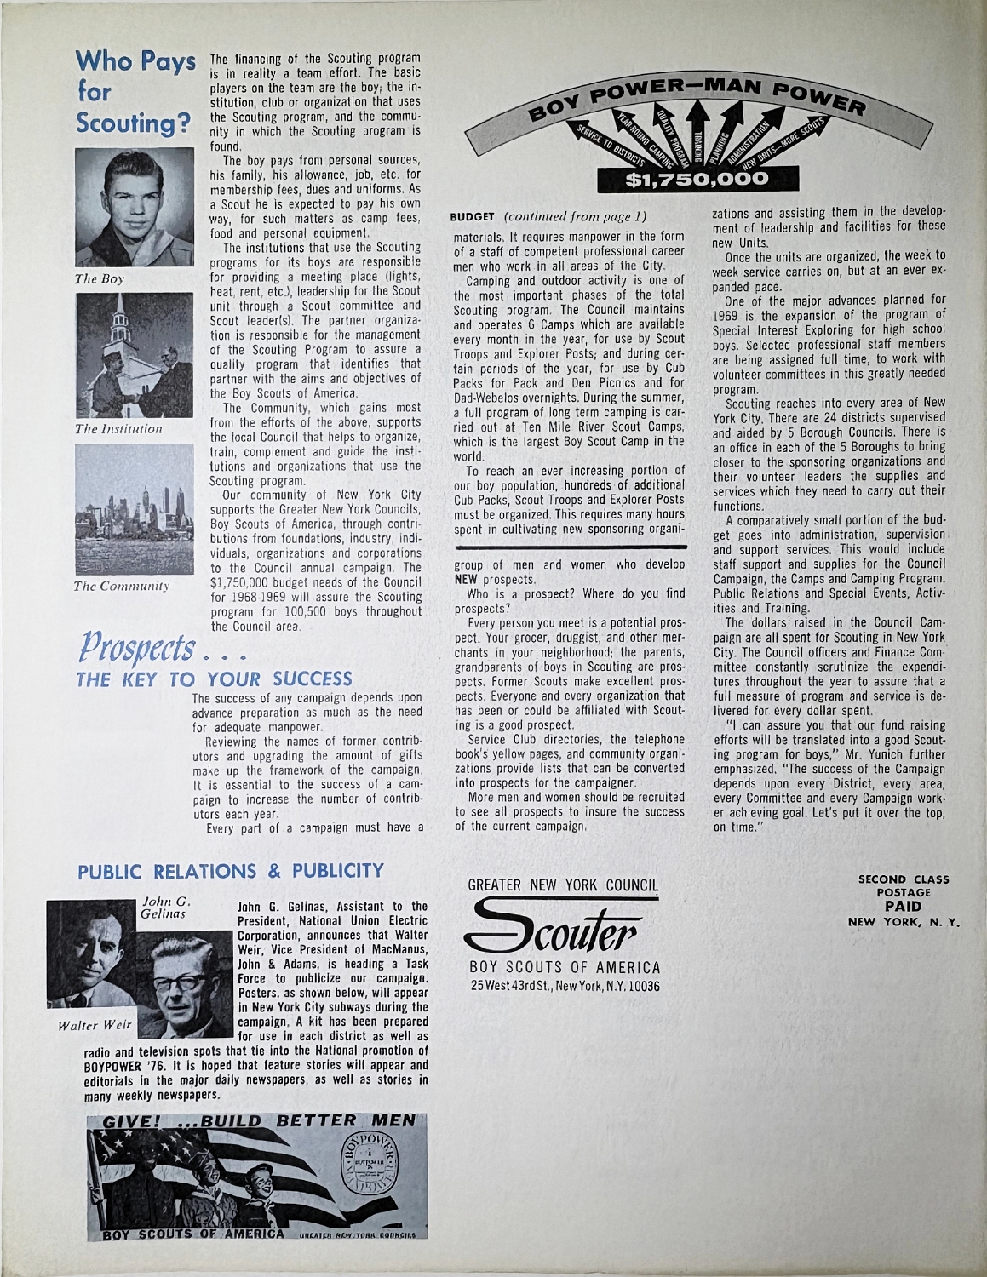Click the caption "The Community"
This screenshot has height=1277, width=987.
pyautogui.click(x=122, y=586)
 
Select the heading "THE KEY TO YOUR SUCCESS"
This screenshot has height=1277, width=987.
pyautogui.click(x=214, y=679)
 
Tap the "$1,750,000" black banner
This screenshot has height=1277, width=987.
pyautogui.click(x=697, y=180)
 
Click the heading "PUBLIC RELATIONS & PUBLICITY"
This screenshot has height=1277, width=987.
pyautogui.click(x=231, y=871)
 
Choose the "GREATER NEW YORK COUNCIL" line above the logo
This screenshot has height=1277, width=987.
pyautogui.click(x=563, y=885)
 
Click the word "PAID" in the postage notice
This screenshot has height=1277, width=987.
pyautogui.click(x=904, y=907)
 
